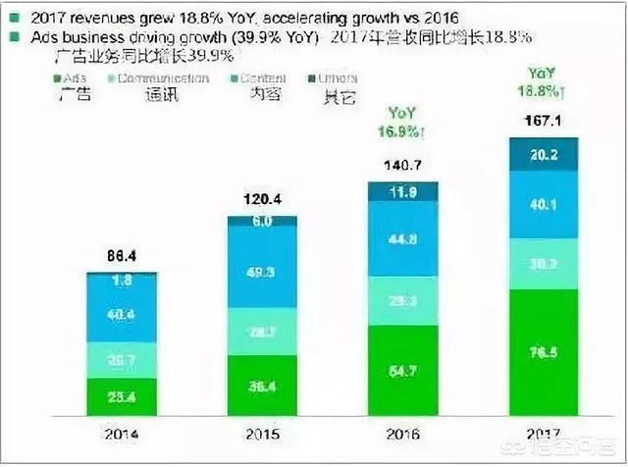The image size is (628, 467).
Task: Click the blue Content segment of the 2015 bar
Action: click(x=262, y=272)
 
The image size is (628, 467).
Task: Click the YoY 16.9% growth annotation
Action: click(x=403, y=121)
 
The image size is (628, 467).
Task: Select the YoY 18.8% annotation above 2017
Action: click(x=545, y=81)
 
